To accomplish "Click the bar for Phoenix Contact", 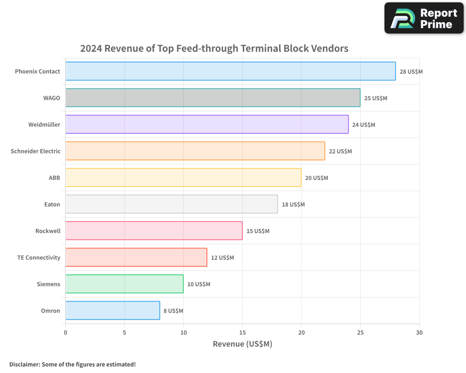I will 230,71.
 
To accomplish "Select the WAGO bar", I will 212,98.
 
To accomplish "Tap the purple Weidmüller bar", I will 207,124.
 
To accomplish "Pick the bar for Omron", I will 112,311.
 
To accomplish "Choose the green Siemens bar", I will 124,284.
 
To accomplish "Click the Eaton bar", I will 171,204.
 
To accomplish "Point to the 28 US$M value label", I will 411,72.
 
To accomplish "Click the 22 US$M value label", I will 340,152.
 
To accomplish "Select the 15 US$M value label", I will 258,231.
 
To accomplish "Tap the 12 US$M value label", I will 222,258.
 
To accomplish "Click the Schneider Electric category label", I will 35,151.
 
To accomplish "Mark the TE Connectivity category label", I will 39,257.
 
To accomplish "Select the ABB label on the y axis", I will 55,178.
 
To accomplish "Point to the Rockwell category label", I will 48,231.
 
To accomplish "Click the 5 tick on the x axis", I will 124,332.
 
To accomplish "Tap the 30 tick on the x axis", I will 419,332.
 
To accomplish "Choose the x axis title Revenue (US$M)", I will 242,344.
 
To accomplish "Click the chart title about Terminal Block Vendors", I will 214,48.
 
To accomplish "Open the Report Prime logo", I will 424,18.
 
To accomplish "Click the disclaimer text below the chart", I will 72,364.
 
